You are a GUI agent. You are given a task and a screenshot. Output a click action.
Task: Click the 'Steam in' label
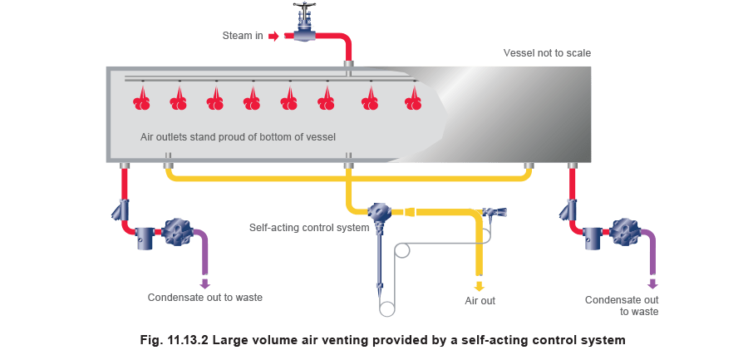click(244, 36)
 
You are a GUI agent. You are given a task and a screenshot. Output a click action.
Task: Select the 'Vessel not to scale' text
click(549, 52)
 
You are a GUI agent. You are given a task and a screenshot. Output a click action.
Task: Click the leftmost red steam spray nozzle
click(142, 99)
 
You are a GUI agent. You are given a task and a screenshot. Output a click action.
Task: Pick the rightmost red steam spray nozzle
click(413, 99)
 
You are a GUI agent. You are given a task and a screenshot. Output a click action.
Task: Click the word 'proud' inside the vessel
click(248, 136)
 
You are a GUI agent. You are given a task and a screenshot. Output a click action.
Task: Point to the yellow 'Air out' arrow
click(479, 286)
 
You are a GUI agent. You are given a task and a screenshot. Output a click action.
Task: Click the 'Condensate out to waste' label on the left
click(204, 298)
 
